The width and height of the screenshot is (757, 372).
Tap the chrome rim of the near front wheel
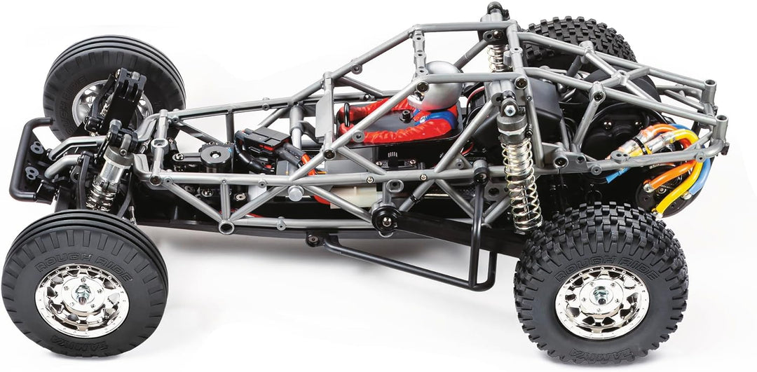pos(83,301)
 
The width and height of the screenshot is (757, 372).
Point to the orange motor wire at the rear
pos(666,175)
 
